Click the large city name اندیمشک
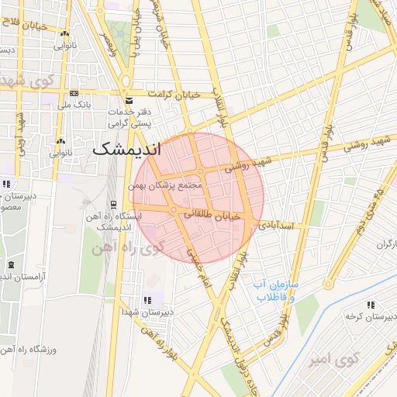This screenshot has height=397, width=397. pyautogui.click(x=126, y=149)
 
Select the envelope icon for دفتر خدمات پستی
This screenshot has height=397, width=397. pyautogui.click(x=129, y=102)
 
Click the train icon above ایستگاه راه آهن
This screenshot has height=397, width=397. pyautogui.click(x=114, y=205)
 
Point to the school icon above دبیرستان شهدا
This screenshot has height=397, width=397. pyautogui.click(x=148, y=299)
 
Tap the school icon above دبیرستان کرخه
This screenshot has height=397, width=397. pyautogui.click(x=371, y=305)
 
